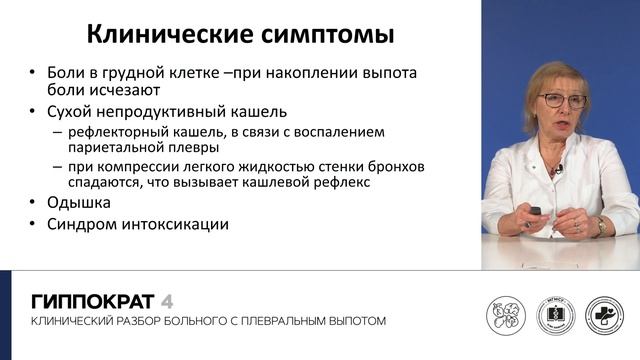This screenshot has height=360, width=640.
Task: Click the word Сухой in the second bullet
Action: pyautogui.click(x=70, y=111)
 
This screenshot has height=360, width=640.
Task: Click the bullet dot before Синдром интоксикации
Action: pyautogui.click(x=34, y=224)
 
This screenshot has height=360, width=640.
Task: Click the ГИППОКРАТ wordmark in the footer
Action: pyautogui.click(x=93, y=300)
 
